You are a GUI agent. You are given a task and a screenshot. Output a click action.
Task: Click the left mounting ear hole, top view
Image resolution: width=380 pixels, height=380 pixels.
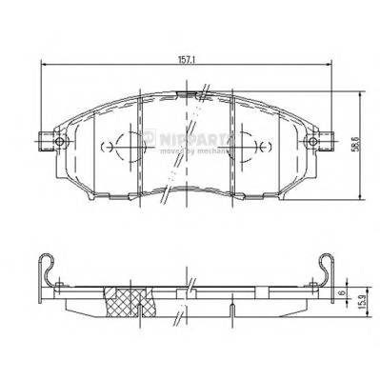58,144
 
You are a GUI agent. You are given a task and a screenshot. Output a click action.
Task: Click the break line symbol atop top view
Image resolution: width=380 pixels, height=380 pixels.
203,93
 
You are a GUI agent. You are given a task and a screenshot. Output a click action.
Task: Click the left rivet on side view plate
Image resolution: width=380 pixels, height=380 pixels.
59,285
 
